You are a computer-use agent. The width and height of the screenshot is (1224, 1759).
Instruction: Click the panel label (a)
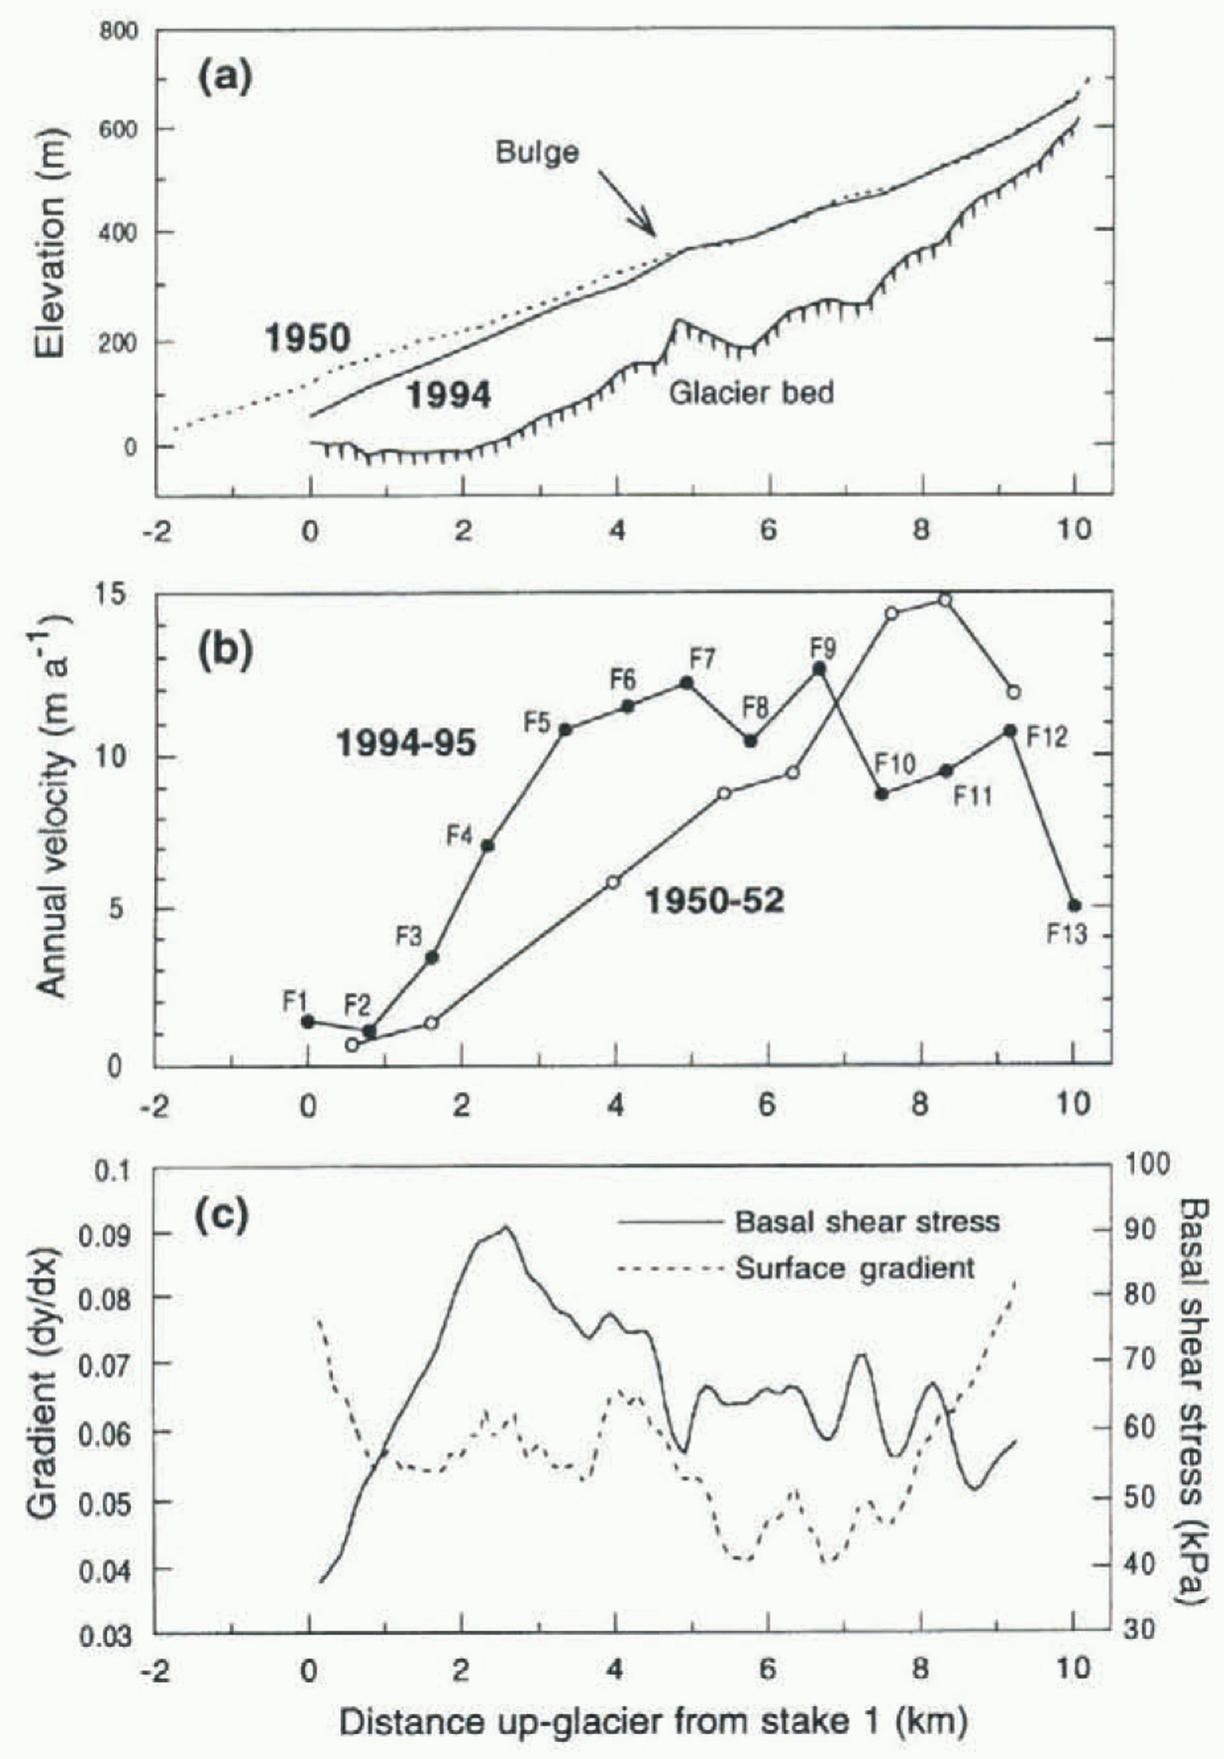[225, 79]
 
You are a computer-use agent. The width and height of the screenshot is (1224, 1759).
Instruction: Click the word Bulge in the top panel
[537, 152]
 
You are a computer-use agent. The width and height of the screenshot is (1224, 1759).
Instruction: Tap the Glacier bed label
[751, 393]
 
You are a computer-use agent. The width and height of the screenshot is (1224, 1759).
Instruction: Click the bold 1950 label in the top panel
[307, 339]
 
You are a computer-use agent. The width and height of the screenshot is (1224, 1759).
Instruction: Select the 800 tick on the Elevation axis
[120, 32]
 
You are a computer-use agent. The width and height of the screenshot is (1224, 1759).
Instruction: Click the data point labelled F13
[1074, 906]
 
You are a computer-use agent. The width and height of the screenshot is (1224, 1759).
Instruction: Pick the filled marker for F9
[819, 668]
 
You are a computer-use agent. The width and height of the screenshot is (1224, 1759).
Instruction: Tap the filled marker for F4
[488, 845]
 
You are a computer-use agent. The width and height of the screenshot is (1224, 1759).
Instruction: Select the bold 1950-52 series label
[714, 900]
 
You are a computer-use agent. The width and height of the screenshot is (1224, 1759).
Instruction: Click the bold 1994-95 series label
[407, 744]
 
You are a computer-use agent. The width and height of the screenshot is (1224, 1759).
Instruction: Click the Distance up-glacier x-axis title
[653, 1722]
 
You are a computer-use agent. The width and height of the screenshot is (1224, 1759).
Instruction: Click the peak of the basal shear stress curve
[504, 1227]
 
